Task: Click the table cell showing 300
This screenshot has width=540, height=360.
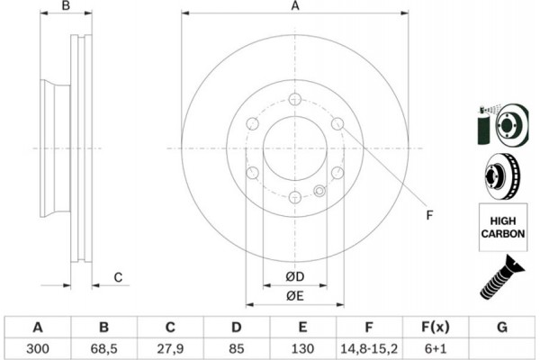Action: coord(38,348)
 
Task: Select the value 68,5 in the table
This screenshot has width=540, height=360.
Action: coord(103,348)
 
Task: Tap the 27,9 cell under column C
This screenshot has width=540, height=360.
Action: coord(170,348)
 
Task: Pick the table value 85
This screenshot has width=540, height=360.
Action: coord(236,348)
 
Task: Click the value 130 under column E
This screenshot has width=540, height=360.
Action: coord(302,348)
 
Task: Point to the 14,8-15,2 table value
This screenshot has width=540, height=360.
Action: coord(369,348)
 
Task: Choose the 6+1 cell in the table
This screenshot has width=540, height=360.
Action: coord(436,348)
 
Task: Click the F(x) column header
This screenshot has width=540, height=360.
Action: coord(436,327)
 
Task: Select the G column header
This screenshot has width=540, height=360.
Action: coord(502,327)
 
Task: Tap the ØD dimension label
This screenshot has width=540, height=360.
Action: coord(295,276)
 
